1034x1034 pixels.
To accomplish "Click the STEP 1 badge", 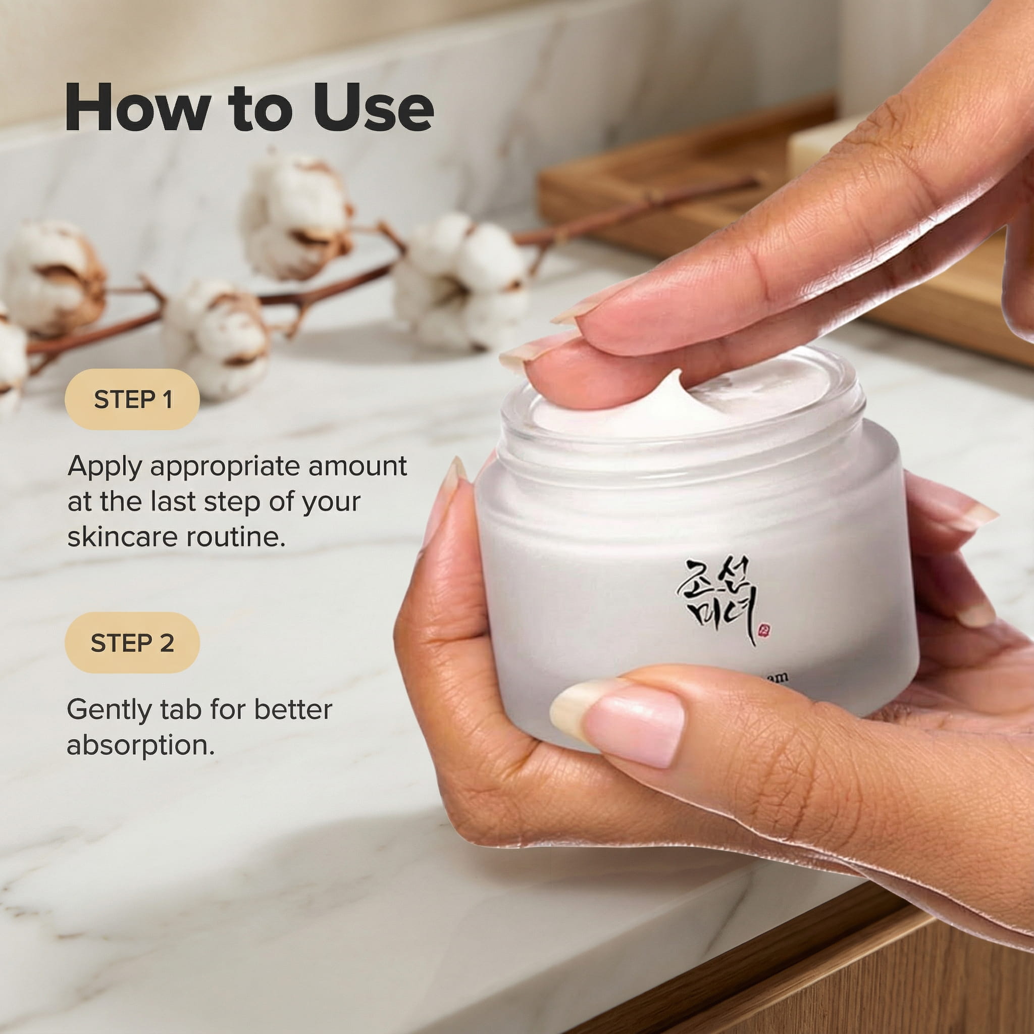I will pos(132,399).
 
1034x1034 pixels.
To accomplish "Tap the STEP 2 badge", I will pos(132,643).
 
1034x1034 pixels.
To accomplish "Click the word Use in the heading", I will pos(373,108).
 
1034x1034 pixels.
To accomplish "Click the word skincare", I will pos(123,537).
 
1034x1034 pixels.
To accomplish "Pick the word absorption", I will pos(140,745).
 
